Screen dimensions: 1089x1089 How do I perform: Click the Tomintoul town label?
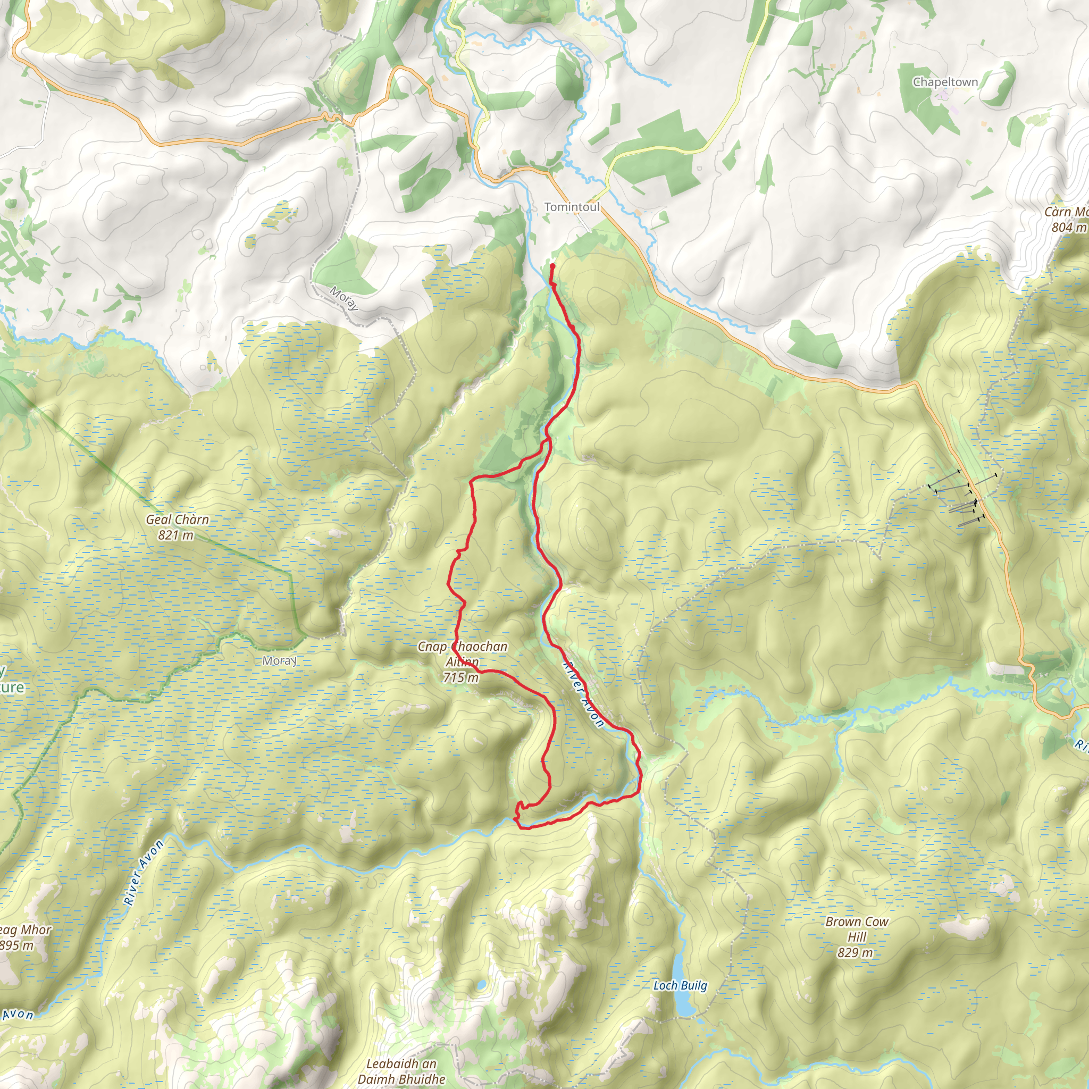(x=572, y=207)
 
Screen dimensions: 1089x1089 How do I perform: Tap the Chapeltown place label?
(x=945, y=82)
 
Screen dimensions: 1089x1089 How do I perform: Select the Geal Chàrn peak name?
(x=177, y=520)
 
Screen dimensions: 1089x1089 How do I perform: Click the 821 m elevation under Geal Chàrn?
(x=175, y=535)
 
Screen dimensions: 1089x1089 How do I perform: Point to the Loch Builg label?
(x=680, y=985)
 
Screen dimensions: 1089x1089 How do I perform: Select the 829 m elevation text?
(x=855, y=952)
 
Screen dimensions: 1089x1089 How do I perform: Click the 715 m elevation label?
(x=460, y=677)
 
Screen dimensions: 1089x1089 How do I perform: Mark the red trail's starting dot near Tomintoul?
(x=552, y=266)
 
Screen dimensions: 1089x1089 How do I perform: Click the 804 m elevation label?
(x=1068, y=227)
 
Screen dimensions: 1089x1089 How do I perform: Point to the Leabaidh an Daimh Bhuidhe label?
(x=401, y=1071)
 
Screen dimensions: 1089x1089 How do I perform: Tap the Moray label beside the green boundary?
(x=280, y=660)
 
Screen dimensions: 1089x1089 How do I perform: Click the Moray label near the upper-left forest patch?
(x=344, y=298)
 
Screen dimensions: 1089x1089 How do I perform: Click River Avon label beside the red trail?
(x=583, y=694)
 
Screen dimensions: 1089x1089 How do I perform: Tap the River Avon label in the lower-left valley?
(x=144, y=873)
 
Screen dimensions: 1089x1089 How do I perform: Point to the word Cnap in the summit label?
(x=432, y=647)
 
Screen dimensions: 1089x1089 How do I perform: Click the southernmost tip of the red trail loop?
(x=525, y=828)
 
